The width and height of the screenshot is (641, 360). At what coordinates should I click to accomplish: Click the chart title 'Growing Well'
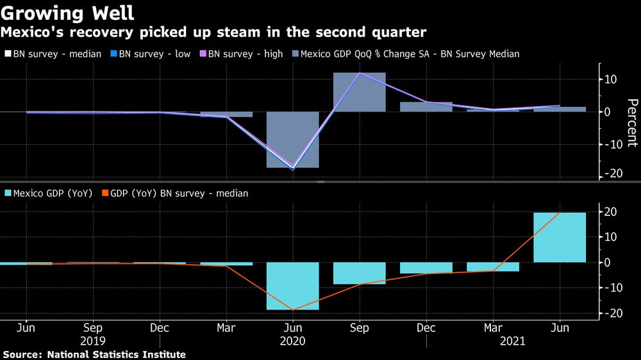(x=68, y=13)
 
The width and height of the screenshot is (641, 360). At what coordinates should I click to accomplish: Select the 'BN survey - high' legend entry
(x=242, y=54)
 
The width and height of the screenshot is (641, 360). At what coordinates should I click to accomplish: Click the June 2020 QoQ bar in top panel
(x=293, y=140)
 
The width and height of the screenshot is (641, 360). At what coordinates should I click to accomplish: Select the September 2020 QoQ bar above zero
(x=360, y=92)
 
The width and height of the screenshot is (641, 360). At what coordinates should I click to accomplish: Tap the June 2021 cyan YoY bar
(x=560, y=237)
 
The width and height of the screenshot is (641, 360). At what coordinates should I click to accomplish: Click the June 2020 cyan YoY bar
(x=293, y=286)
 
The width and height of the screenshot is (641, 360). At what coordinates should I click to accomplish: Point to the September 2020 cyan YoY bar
(x=360, y=273)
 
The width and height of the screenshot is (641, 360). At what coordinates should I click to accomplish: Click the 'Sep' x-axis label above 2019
(x=93, y=328)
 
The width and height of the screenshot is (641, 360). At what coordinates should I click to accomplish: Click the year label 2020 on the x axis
(x=293, y=341)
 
